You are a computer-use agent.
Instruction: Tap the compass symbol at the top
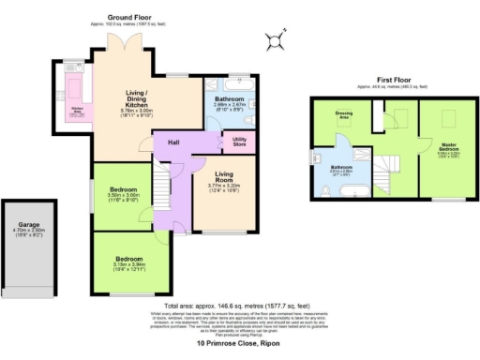[273, 38]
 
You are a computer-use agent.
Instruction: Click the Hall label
[173, 142]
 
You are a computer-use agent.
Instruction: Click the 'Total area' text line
[238, 306]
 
